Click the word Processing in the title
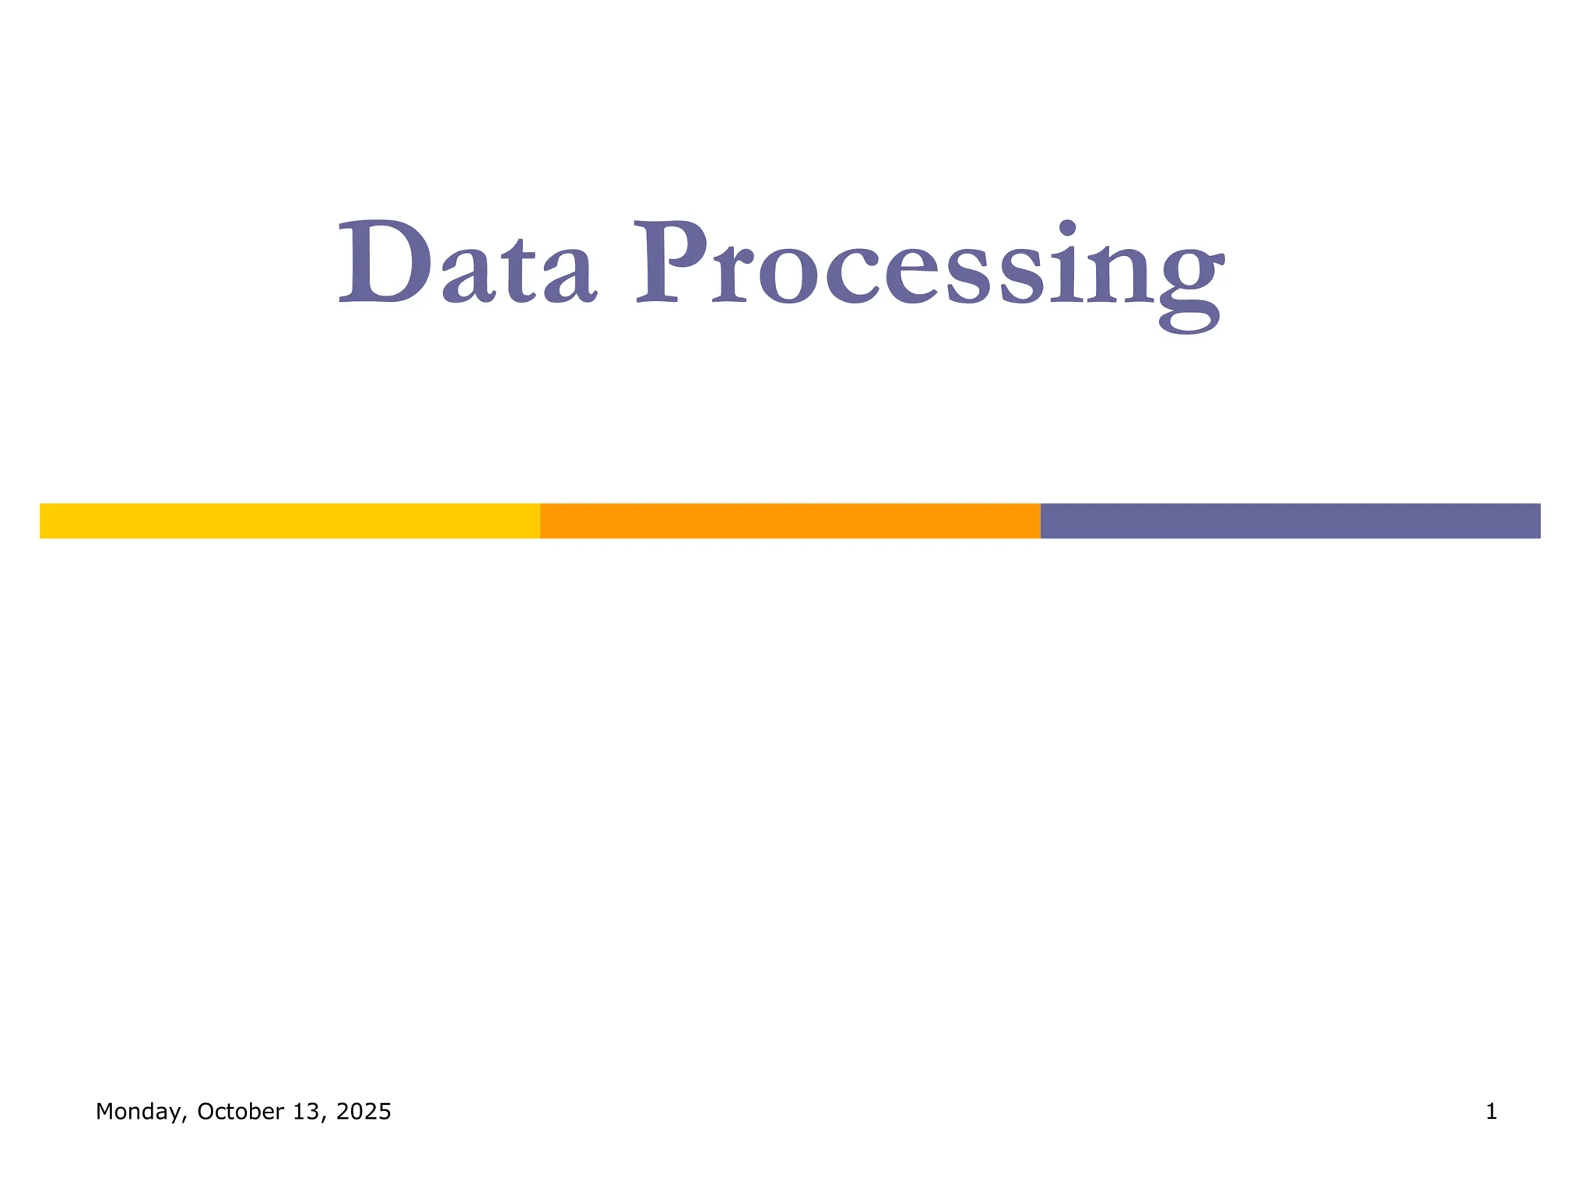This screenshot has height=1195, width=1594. point(930,268)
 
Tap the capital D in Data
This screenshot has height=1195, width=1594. point(384,263)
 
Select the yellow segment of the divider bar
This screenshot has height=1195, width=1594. point(290,520)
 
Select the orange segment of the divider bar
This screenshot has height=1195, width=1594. point(790,520)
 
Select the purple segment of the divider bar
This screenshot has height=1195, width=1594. point(1290,520)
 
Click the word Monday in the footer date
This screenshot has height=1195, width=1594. point(139,1112)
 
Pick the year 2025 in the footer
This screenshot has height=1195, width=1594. point(363,1112)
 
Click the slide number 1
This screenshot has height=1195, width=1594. point(1491,1112)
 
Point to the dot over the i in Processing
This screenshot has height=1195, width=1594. point(1068,228)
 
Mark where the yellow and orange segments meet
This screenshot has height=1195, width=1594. point(540,520)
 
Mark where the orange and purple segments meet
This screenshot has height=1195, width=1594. point(1041,520)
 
